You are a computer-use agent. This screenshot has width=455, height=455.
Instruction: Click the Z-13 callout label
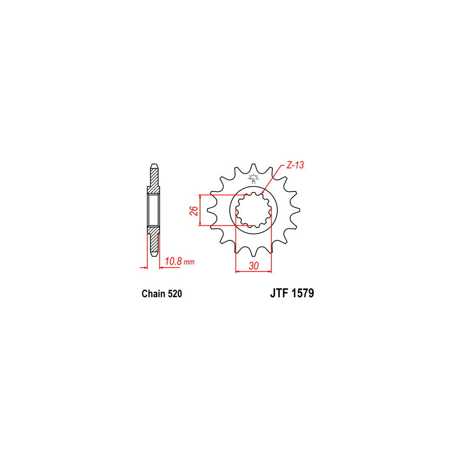[295, 165]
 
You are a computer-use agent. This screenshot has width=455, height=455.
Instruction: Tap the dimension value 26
[194, 210]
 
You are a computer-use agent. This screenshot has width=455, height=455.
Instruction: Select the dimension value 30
[254, 266]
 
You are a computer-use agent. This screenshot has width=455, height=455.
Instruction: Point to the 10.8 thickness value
[173, 261]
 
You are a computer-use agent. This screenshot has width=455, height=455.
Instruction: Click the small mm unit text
[189, 262]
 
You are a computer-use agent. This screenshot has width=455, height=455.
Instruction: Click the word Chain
[153, 294]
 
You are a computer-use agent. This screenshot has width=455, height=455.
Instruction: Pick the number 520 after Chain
[175, 294]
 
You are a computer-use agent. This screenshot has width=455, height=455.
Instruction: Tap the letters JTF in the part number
[280, 293]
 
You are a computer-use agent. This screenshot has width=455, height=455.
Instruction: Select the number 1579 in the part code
[303, 293]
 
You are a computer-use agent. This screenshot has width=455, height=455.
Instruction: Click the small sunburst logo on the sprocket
[253, 178]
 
